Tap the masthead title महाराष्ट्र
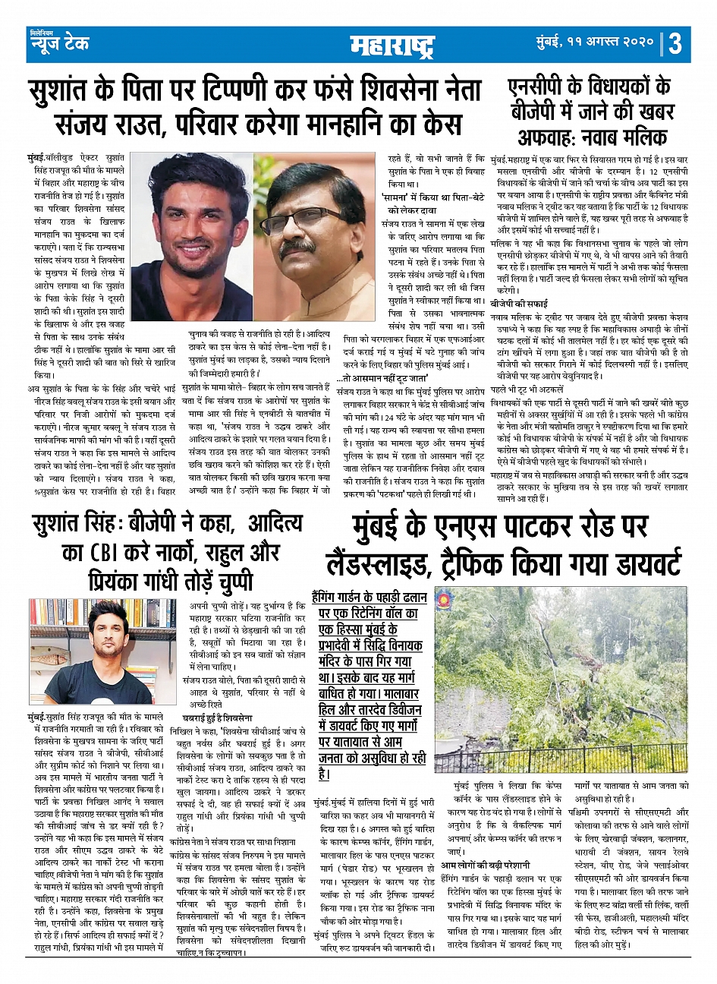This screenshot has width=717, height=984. pos(392,46)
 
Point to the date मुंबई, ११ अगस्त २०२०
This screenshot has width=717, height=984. pos(596,43)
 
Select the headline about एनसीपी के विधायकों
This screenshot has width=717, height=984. pos(589,99)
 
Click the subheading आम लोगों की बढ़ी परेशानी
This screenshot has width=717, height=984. pos(486,865)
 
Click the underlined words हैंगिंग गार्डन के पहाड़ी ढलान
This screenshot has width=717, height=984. pos(370,597)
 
